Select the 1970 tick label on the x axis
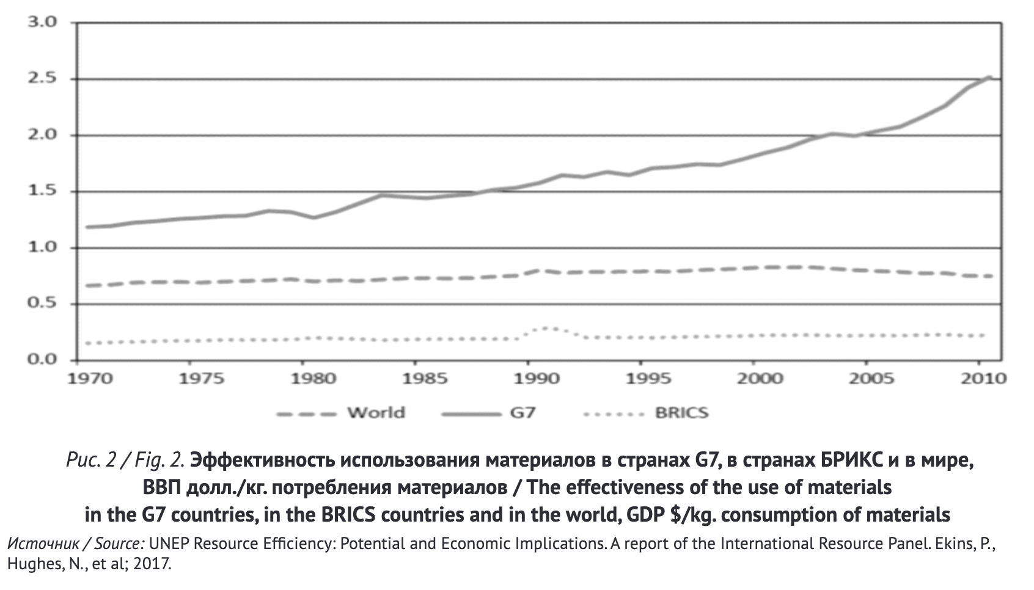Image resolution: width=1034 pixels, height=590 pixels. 90,379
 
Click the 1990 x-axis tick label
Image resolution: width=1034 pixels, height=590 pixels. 537,379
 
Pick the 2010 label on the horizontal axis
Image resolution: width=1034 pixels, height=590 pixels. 983,379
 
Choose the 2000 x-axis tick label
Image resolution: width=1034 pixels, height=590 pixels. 760,379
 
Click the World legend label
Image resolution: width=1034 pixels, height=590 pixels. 376,413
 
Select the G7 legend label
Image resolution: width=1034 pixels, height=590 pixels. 522,413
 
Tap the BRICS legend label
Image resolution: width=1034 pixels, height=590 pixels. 681,413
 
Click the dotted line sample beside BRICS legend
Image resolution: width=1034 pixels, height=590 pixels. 614,414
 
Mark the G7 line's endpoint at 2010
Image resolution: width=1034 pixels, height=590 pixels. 989,77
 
